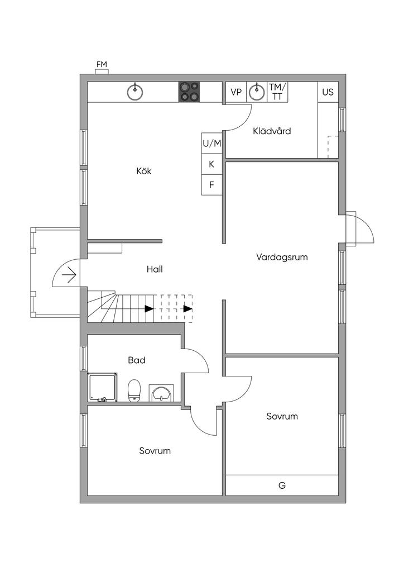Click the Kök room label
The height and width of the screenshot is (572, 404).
(144, 171)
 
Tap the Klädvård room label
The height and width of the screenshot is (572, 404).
(272, 131)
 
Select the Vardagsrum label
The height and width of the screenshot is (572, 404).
(282, 258)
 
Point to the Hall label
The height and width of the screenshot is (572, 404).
(155, 269)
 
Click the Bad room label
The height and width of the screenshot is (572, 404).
(137, 360)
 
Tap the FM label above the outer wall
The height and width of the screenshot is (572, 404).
(102, 65)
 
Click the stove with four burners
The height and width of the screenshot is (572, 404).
(189, 92)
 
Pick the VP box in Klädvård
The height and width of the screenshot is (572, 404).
(236, 92)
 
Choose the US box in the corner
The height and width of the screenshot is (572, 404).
(328, 92)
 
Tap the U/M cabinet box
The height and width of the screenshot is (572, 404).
(212, 144)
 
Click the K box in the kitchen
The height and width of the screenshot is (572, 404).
(212, 164)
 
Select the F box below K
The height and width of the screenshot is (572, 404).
(212, 185)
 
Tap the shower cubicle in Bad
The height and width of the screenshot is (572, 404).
(103, 388)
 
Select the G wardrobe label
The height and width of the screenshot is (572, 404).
(282, 485)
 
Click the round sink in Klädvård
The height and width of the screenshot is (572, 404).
(257, 92)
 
